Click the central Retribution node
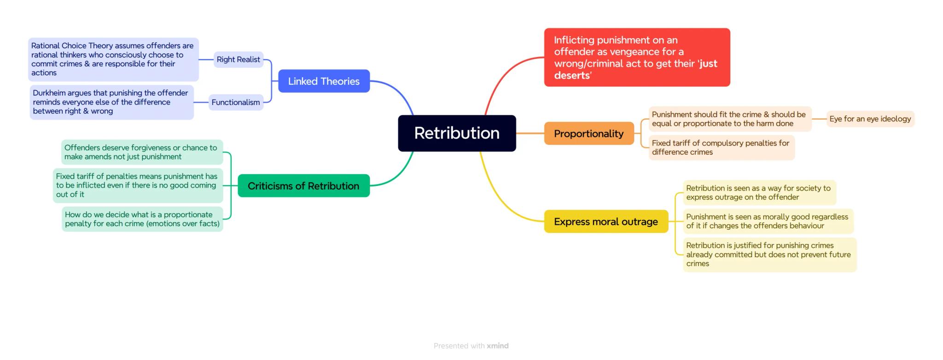point(457,133)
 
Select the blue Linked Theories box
point(324,81)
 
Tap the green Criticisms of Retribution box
point(303,186)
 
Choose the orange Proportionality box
point(588,134)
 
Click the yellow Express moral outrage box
point(605,221)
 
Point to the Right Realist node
point(238,59)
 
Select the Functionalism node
point(236,102)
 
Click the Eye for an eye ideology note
point(870,119)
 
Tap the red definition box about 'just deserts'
point(637,57)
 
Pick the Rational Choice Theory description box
point(113,59)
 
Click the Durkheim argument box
point(111,102)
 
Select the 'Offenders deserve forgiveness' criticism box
point(142,152)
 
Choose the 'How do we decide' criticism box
point(142,219)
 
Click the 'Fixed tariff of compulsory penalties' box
point(721,147)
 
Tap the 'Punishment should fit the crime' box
point(729,119)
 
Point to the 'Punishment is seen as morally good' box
point(768,221)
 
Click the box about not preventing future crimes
point(769,255)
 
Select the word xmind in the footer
point(498,346)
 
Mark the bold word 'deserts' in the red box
point(572,75)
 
